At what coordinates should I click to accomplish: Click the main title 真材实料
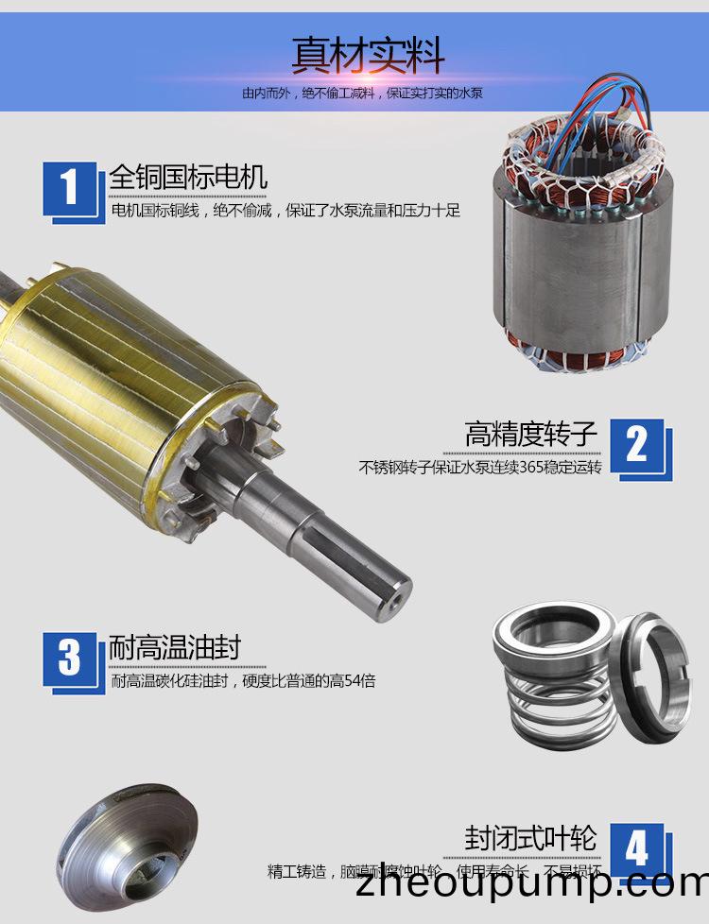[368, 56]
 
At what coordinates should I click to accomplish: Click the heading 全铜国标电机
[188, 177]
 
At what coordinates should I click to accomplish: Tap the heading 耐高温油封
[175, 647]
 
